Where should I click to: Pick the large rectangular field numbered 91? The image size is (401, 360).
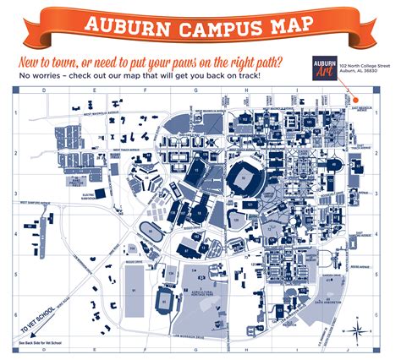(134, 289)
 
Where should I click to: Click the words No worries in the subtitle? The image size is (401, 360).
(36, 77)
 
